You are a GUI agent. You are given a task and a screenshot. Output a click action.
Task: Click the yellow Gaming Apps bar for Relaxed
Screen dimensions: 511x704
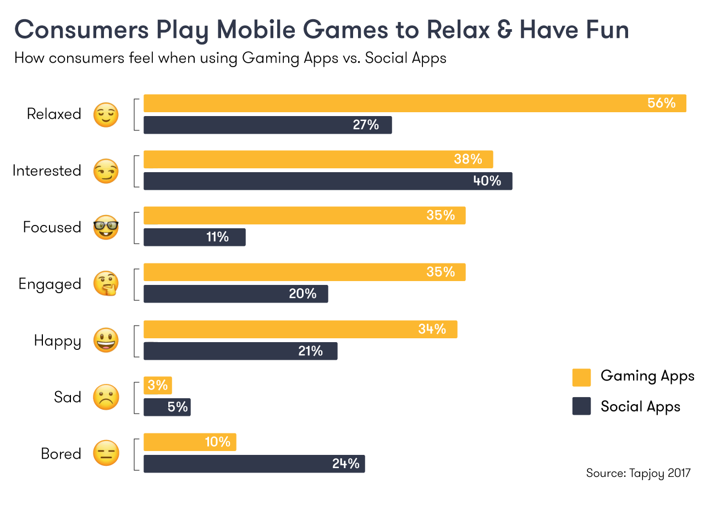point(385,103)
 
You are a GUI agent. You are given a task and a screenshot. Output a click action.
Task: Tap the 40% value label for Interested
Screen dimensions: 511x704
point(487,181)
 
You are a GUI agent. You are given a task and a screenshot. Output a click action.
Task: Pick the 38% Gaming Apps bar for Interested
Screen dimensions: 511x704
point(308,160)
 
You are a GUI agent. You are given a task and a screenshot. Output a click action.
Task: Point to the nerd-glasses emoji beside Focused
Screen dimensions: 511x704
point(106,227)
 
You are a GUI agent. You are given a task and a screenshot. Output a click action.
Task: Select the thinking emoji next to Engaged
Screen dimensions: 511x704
point(106,284)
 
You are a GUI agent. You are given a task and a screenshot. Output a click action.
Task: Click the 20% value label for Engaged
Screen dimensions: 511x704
point(302,294)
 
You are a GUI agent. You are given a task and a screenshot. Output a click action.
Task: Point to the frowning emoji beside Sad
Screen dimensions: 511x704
point(106,397)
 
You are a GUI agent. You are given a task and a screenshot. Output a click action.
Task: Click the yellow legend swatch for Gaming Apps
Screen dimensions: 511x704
point(581,377)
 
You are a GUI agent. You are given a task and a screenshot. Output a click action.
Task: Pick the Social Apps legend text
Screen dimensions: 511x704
point(640,406)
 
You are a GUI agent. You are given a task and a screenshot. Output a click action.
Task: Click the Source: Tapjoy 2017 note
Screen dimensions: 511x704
point(637,473)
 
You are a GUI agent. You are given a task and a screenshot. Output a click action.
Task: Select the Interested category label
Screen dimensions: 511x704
point(47,171)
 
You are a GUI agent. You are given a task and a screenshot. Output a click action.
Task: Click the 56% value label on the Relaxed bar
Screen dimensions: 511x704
point(661,103)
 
